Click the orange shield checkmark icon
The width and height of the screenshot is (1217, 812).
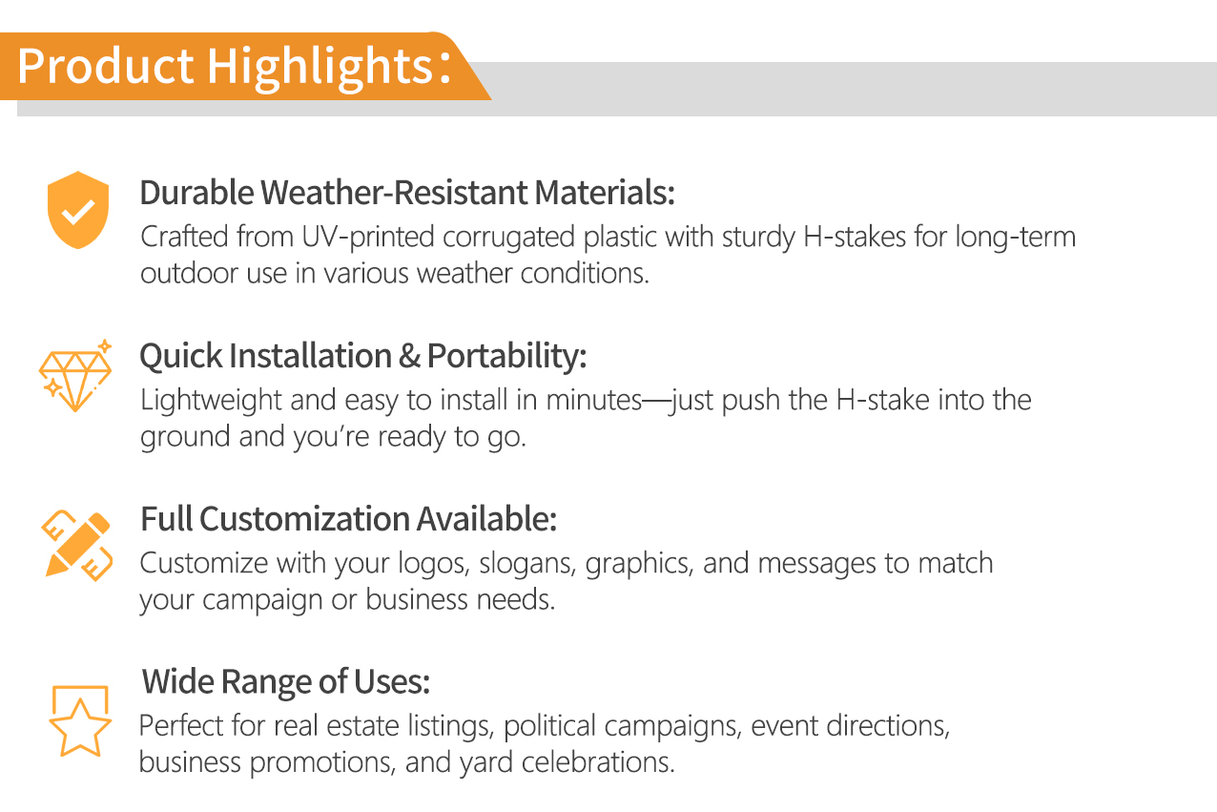[78, 210]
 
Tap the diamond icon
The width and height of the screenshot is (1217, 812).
[75, 376]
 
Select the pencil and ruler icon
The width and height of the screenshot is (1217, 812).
[76, 545]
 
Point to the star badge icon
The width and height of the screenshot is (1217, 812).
[80, 720]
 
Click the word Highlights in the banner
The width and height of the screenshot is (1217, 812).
[320, 66]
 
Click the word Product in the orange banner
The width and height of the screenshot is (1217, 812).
[106, 66]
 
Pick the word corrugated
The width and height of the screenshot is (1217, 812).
[508, 238]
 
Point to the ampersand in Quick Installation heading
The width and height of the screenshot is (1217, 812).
[409, 356]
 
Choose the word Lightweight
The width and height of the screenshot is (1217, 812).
[211, 401]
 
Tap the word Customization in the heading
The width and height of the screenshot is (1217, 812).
[305, 519]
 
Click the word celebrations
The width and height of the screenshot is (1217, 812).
[598, 762]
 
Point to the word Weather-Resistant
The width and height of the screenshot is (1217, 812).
[394, 193]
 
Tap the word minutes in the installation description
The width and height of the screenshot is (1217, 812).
[594, 401]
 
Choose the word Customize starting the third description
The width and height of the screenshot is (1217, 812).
[204, 564]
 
